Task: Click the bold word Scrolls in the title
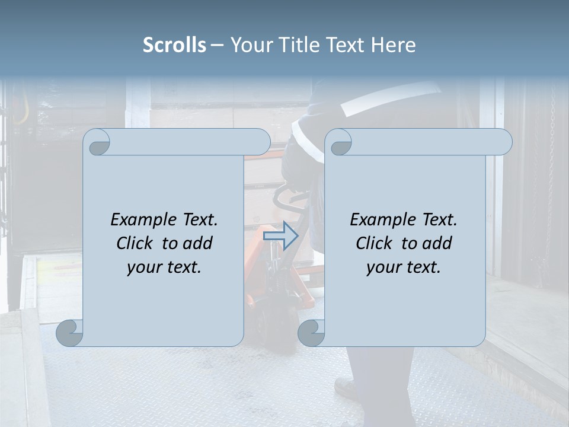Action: point(174,45)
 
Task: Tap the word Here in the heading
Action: point(393,45)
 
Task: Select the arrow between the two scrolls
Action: point(280,236)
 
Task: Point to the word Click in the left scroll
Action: point(136,243)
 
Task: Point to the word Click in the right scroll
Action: point(376,243)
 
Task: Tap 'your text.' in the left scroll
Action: point(164,267)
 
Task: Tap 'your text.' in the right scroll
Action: point(404,267)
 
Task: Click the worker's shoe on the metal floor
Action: point(347,388)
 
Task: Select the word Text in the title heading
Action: point(346,45)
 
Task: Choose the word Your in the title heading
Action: point(251,45)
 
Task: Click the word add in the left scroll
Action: point(198,243)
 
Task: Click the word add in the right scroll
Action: point(437,243)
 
